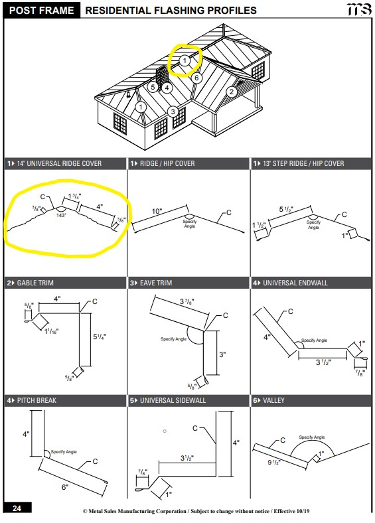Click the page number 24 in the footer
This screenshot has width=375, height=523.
pyautogui.click(x=17, y=508)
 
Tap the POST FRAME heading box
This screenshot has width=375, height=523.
pyautogui.click(x=42, y=11)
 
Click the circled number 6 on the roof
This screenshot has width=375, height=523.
pyautogui.click(x=196, y=78)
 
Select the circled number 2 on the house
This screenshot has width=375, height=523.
pyautogui.click(x=232, y=92)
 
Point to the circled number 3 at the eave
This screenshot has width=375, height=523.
pyautogui.click(x=173, y=112)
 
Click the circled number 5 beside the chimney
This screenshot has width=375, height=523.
pyautogui.click(x=153, y=88)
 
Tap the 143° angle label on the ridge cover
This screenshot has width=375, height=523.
pyautogui.click(x=61, y=216)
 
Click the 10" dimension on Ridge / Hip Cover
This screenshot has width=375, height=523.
pyautogui.click(x=157, y=211)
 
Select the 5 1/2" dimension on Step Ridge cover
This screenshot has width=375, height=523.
pyautogui.click(x=286, y=210)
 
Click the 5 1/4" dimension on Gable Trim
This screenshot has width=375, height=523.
pyautogui.click(x=100, y=337)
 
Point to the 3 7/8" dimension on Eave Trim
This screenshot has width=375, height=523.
pyautogui.click(x=187, y=301)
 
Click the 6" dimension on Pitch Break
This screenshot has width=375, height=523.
pyautogui.click(x=65, y=487)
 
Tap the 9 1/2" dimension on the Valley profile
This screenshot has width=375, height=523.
pyautogui.click(x=274, y=463)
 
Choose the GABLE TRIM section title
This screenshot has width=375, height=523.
pyautogui.click(x=35, y=283)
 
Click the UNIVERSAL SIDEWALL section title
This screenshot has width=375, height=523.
pyautogui.click(x=173, y=400)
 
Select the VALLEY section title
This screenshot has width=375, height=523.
pyautogui.click(x=273, y=400)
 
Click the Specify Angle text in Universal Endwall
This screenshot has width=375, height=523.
pyautogui.click(x=315, y=340)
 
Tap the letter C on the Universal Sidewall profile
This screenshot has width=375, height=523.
pyautogui.click(x=195, y=428)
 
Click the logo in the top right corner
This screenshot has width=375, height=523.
pyautogui.click(x=359, y=9)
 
